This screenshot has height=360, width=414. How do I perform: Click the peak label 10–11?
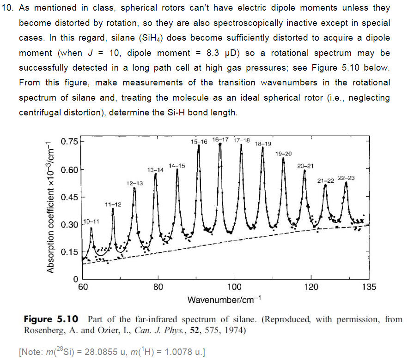pos(91,222)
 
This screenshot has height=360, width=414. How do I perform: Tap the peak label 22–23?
pos(346,178)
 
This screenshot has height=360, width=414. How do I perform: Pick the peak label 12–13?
pos(134,183)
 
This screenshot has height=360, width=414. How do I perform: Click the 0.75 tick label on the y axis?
pos(70,141)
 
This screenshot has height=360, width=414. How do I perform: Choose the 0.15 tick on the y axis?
pos(70,252)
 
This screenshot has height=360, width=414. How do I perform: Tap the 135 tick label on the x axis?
pos(369,287)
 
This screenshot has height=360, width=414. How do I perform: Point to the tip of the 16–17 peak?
pos(220,144)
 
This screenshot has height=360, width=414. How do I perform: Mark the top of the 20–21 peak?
pos(304,171)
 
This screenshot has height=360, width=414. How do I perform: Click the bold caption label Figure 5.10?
pos(51,319)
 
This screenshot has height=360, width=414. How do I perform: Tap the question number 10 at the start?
pos(8,8)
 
